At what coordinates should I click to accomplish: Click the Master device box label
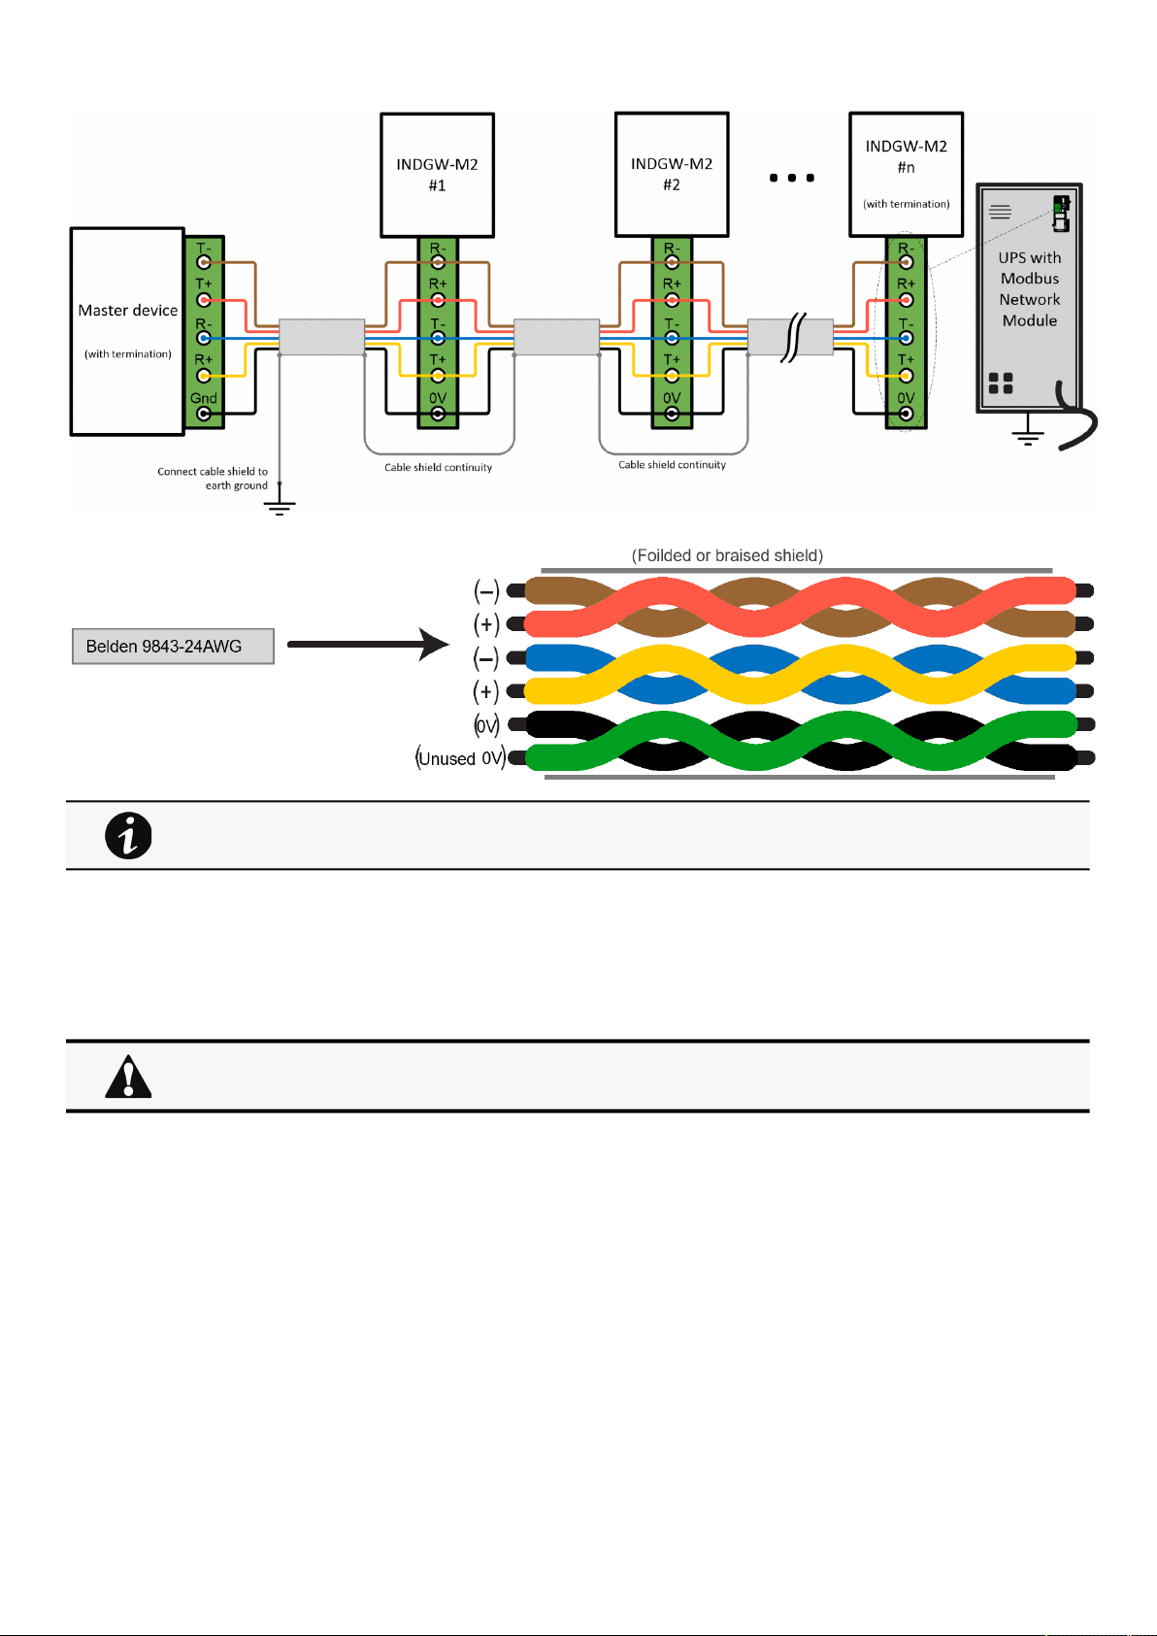(x=128, y=311)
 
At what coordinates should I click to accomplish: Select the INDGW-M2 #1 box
(x=437, y=176)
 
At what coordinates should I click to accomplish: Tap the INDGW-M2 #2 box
(x=672, y=175)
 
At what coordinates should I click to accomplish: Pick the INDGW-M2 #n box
(x=906, y=175)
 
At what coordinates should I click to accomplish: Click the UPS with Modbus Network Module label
(x=1029, y=289)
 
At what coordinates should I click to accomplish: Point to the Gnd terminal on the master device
(x=204, y=414)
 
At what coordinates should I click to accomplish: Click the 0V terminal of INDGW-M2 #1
(x=438, y=414)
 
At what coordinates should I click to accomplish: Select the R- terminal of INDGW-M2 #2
(x=672, y=261)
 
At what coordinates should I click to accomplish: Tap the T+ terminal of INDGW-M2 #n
(x=906, y=376)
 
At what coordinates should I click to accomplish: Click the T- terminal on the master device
(x=204, y=261)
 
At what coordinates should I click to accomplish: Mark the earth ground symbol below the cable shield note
(x=280, y=507)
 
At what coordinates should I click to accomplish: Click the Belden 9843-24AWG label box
(x=173, y=647)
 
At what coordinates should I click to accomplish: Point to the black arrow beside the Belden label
(x=368, y=644)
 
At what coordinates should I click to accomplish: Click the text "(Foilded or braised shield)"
(x=727, y=555)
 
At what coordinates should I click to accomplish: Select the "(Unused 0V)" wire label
(x=461, y=758)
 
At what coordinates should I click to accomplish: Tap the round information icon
(x=128, y=836)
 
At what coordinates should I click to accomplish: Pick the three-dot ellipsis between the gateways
(x=792, y=178)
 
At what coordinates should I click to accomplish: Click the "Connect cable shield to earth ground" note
(x=213, y=479)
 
